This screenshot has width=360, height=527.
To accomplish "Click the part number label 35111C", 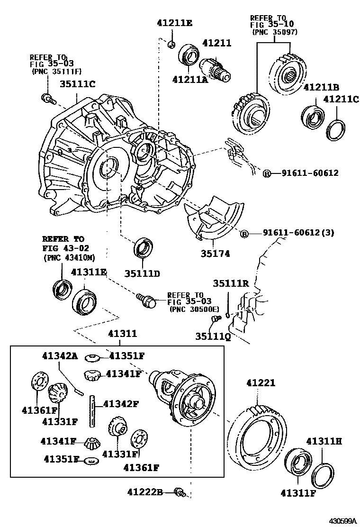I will pos(77,84).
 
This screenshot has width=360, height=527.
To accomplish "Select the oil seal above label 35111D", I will pos(144,248).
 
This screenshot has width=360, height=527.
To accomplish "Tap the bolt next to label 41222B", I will pos(180,492).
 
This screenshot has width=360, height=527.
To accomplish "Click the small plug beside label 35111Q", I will pos(216,318).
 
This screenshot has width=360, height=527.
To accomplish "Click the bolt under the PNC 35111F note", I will pos(48,98).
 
